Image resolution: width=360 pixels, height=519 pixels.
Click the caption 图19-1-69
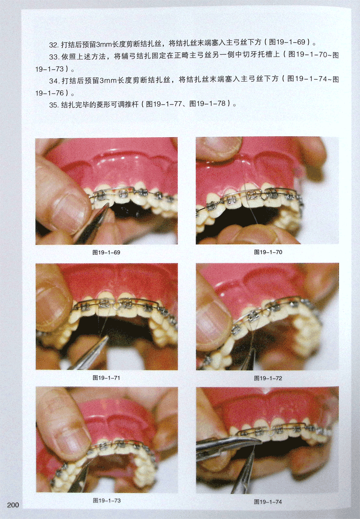tap(106, 252)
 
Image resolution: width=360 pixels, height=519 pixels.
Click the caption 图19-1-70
tap(268, 252)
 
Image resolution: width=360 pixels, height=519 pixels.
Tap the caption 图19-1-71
tap(106, 378)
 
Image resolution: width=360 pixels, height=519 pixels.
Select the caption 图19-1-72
tap(268, 378)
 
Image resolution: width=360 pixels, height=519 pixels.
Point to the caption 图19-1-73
tap(107, 501)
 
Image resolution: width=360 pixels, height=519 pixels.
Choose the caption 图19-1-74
tap(268, 502)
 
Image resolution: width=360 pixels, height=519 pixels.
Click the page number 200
tap(13, 505)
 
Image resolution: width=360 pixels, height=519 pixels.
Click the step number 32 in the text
tap(53, 45)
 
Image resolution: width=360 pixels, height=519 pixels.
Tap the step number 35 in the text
tap(53, 105)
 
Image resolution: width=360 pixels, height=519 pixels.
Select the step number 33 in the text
tap(53, 57)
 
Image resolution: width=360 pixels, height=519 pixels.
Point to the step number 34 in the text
tap(53, 81)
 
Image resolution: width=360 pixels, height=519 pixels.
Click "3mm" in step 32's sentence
tap(103, 45)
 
